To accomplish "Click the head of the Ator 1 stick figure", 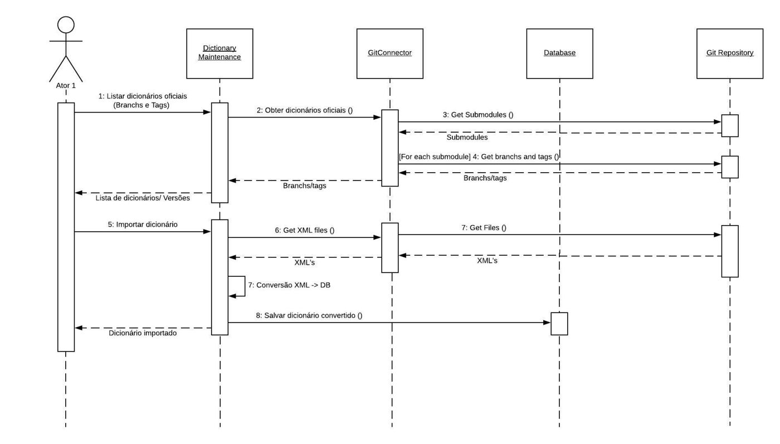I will point(66,25).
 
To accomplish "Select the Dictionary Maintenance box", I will point(220,53).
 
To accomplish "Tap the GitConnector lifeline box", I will point(389,53).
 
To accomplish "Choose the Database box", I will point(559,53).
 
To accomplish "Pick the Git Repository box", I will point(729,53).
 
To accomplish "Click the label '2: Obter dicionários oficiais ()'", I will point(304,110).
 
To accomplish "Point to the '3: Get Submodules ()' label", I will point(478,115).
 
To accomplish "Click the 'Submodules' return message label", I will point(467,138).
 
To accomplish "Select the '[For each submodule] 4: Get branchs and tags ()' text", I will point(479,157).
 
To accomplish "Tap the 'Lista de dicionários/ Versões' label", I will point(143,198).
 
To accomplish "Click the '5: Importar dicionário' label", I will point(143,225).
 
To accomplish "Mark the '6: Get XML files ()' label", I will point(304,230).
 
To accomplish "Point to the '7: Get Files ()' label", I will point(484,228).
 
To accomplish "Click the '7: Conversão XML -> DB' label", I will point(289,285).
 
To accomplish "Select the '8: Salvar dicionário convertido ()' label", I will point(309,315).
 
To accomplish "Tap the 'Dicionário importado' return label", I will point(143,333).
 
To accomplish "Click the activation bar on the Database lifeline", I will point(559,324).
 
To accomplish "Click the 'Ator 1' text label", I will point(66,86).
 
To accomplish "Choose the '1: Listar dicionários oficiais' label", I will point(143,96).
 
